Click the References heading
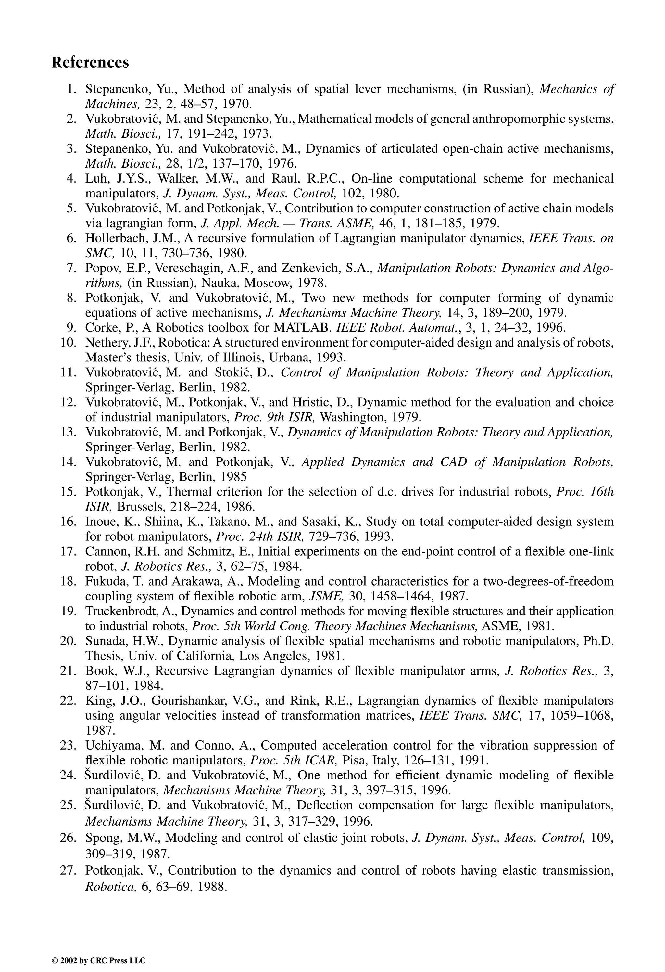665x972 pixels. point(90,62)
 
